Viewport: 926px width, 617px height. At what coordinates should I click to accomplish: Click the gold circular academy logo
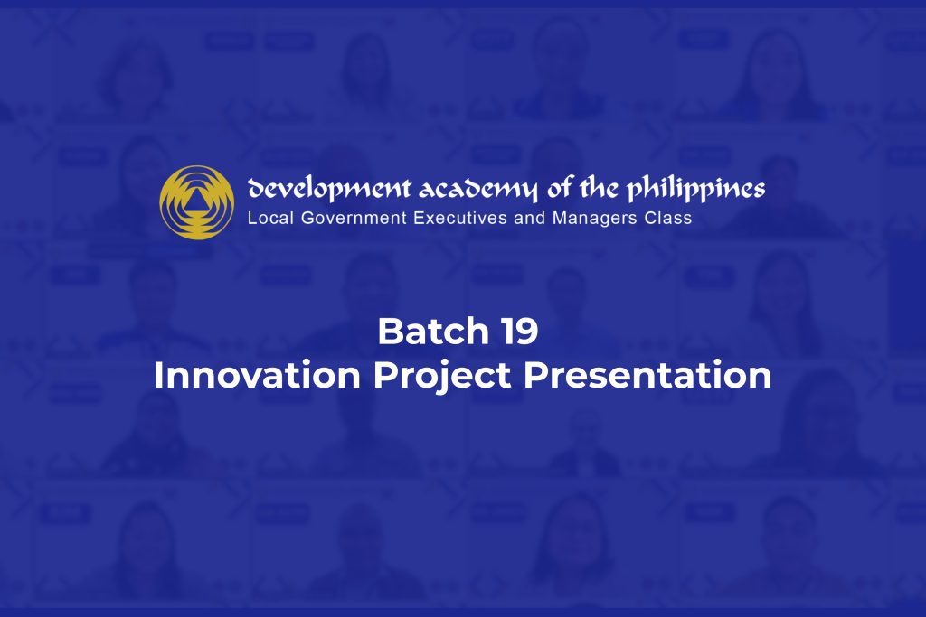pos(196,202)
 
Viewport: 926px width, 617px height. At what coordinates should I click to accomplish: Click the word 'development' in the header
pos(329,189)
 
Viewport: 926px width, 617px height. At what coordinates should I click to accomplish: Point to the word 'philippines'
pos(695,188)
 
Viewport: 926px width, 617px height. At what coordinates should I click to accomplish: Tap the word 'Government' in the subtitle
pos(354,219)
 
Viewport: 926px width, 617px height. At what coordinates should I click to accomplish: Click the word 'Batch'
pos(433,331)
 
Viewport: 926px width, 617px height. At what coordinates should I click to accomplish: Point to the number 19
pos(520,331)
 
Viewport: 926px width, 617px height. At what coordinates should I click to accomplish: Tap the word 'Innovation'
pos(257,375)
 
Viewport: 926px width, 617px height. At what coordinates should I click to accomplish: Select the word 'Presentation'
pos(647,375)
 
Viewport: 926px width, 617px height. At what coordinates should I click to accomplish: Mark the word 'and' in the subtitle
pos(530,219)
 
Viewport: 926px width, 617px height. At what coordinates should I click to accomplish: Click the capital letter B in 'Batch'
pos(390,331)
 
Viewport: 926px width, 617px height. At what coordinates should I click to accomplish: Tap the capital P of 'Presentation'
pos(535,375)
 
